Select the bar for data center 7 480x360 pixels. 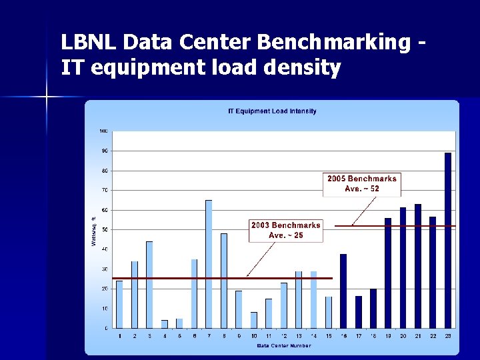tap(209, 264)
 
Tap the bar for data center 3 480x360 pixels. tap(149, 285)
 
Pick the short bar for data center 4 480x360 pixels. tap(165, 324)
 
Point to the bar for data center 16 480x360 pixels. tap(343, 291)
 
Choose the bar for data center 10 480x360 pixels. tap(254, 320)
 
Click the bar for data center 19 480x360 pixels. tap(388, 273)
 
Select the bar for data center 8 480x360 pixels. tap(224, 281)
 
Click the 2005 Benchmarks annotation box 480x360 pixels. tap(362, 183)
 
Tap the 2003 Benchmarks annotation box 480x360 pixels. tap(285, 230)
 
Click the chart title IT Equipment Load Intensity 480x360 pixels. tap(273, 111)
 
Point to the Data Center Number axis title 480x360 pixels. tap(283, 345)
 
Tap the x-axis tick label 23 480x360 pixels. tap(448, 335)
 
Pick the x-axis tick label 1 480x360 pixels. tap(119, 335)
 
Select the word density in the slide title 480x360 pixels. tap(307, 67)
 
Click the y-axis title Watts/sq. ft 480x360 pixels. tap(93, 229)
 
